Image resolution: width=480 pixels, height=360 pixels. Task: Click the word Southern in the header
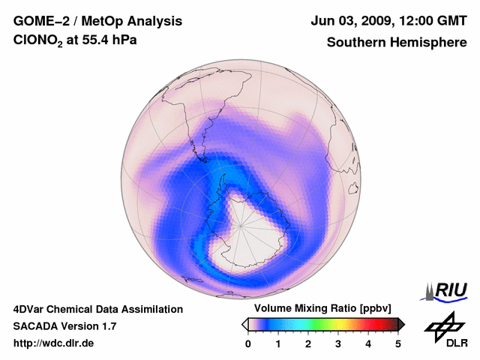pyautogui.click(x=355, y=43)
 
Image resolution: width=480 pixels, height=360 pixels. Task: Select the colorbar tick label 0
pyautogui.click(x=248, y=343)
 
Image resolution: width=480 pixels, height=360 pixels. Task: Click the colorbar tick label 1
pyautogui.click(x=278, y=343)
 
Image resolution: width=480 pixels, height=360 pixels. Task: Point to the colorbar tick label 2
pyautogui.click(x=308, y=343)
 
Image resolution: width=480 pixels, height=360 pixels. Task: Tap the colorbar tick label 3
pyautogui.click(x=338, y=343)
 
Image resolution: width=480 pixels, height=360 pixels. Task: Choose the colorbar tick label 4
pyautogui.click(x=368, y=343)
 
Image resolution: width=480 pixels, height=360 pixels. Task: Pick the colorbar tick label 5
pyautogui.click(x=398, y=343)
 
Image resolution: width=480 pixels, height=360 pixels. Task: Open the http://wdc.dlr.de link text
pyautogui.click(x=54, y=343)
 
